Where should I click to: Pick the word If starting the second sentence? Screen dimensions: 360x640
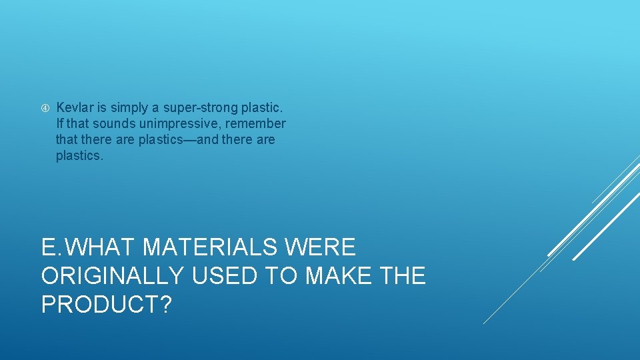click(x=60, y=123)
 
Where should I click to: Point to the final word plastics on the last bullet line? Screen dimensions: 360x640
click(x=79, y=157)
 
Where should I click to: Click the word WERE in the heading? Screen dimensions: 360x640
click(x=321, y=247)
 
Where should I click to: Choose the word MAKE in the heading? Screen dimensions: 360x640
click(x=337, y=275)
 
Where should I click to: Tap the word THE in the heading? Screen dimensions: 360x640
click(x=401, y=275)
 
